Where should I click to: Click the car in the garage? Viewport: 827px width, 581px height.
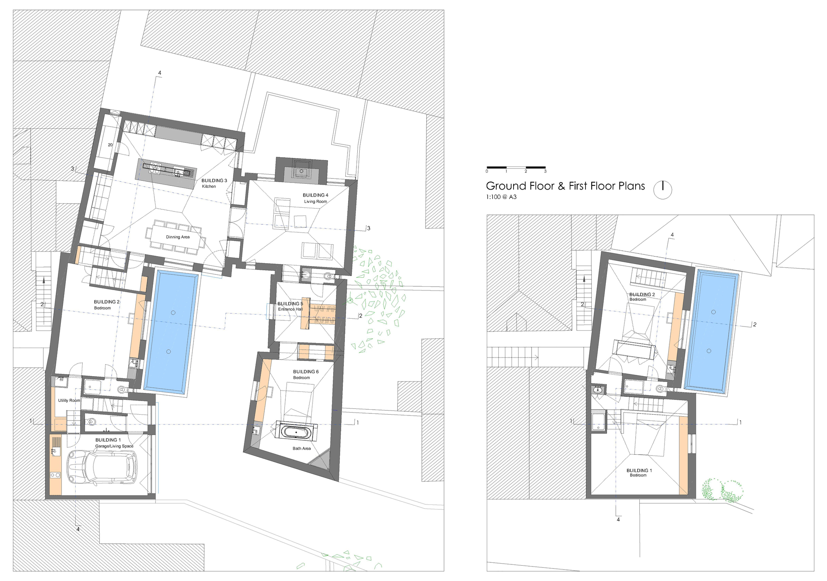pos(102,467)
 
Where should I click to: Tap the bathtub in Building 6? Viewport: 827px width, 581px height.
pos(296,432)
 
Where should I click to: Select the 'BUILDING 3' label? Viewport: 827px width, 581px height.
pos(214,180)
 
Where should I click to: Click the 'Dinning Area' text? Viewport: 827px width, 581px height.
pos(178,237)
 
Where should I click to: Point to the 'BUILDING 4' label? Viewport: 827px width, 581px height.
pos(316,195)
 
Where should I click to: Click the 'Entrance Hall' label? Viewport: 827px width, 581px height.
pos(290,309)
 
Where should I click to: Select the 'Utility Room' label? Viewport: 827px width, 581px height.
pos(69,401)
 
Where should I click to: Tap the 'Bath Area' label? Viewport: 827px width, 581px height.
pos(301,449)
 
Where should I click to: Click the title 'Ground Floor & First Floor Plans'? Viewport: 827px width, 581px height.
pos(565,186)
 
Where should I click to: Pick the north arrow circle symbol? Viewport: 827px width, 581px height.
pos(662,190)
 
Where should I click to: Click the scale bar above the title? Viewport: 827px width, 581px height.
pos(516,168)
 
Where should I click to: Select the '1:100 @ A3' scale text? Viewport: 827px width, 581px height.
pos(501,197)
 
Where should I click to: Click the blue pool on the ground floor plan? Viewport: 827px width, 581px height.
pos(171,331)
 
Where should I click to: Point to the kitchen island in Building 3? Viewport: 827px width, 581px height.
pos(166,174)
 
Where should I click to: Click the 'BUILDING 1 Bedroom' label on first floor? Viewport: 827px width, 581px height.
pos(639,473)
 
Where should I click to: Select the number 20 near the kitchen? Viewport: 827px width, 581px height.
pos(110,145)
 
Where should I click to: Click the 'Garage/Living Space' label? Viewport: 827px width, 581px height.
pos(114,446)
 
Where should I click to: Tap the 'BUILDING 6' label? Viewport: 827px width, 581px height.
pos(306,372)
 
